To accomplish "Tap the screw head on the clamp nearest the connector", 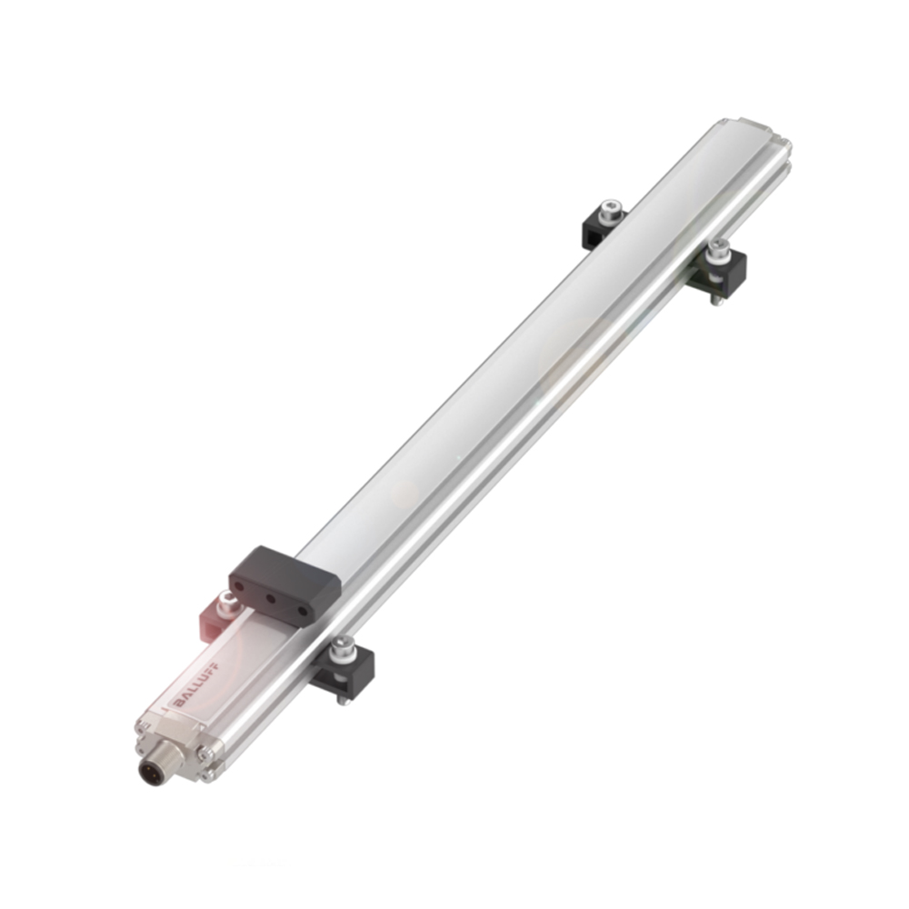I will click(343, 646).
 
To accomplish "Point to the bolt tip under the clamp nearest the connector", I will click(341, 698).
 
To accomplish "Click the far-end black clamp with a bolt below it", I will click(723, 269).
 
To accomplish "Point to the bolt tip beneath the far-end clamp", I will click(716, 301).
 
